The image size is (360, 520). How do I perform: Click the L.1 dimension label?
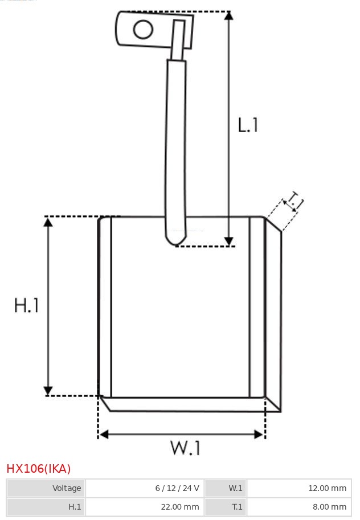(248, 125)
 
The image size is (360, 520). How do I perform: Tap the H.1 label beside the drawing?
(26, 306)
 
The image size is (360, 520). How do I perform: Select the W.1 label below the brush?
(185, 448)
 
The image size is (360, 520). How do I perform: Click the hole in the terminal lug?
(144, 30)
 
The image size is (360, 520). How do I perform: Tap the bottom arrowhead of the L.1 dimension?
(228, 241)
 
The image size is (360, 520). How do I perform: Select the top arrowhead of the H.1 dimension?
(48, 222)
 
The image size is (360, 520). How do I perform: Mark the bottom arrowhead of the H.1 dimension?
(48, 391)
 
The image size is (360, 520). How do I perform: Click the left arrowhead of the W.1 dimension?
(103, 435)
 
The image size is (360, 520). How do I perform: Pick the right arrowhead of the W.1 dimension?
(259, 435)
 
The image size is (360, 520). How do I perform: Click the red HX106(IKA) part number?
(39, 469)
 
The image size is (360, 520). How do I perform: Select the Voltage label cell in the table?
(46, 488)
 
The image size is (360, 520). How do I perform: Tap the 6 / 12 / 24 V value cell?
(145, 488)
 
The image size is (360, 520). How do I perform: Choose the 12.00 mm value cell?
(299, 488)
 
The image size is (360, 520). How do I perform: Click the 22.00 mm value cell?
(145, 506)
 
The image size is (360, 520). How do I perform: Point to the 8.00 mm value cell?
(299, 506)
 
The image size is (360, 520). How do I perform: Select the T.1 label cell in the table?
(226, 506)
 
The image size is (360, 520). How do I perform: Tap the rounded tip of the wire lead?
(177, 241)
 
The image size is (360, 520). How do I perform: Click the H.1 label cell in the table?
(46, 506)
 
